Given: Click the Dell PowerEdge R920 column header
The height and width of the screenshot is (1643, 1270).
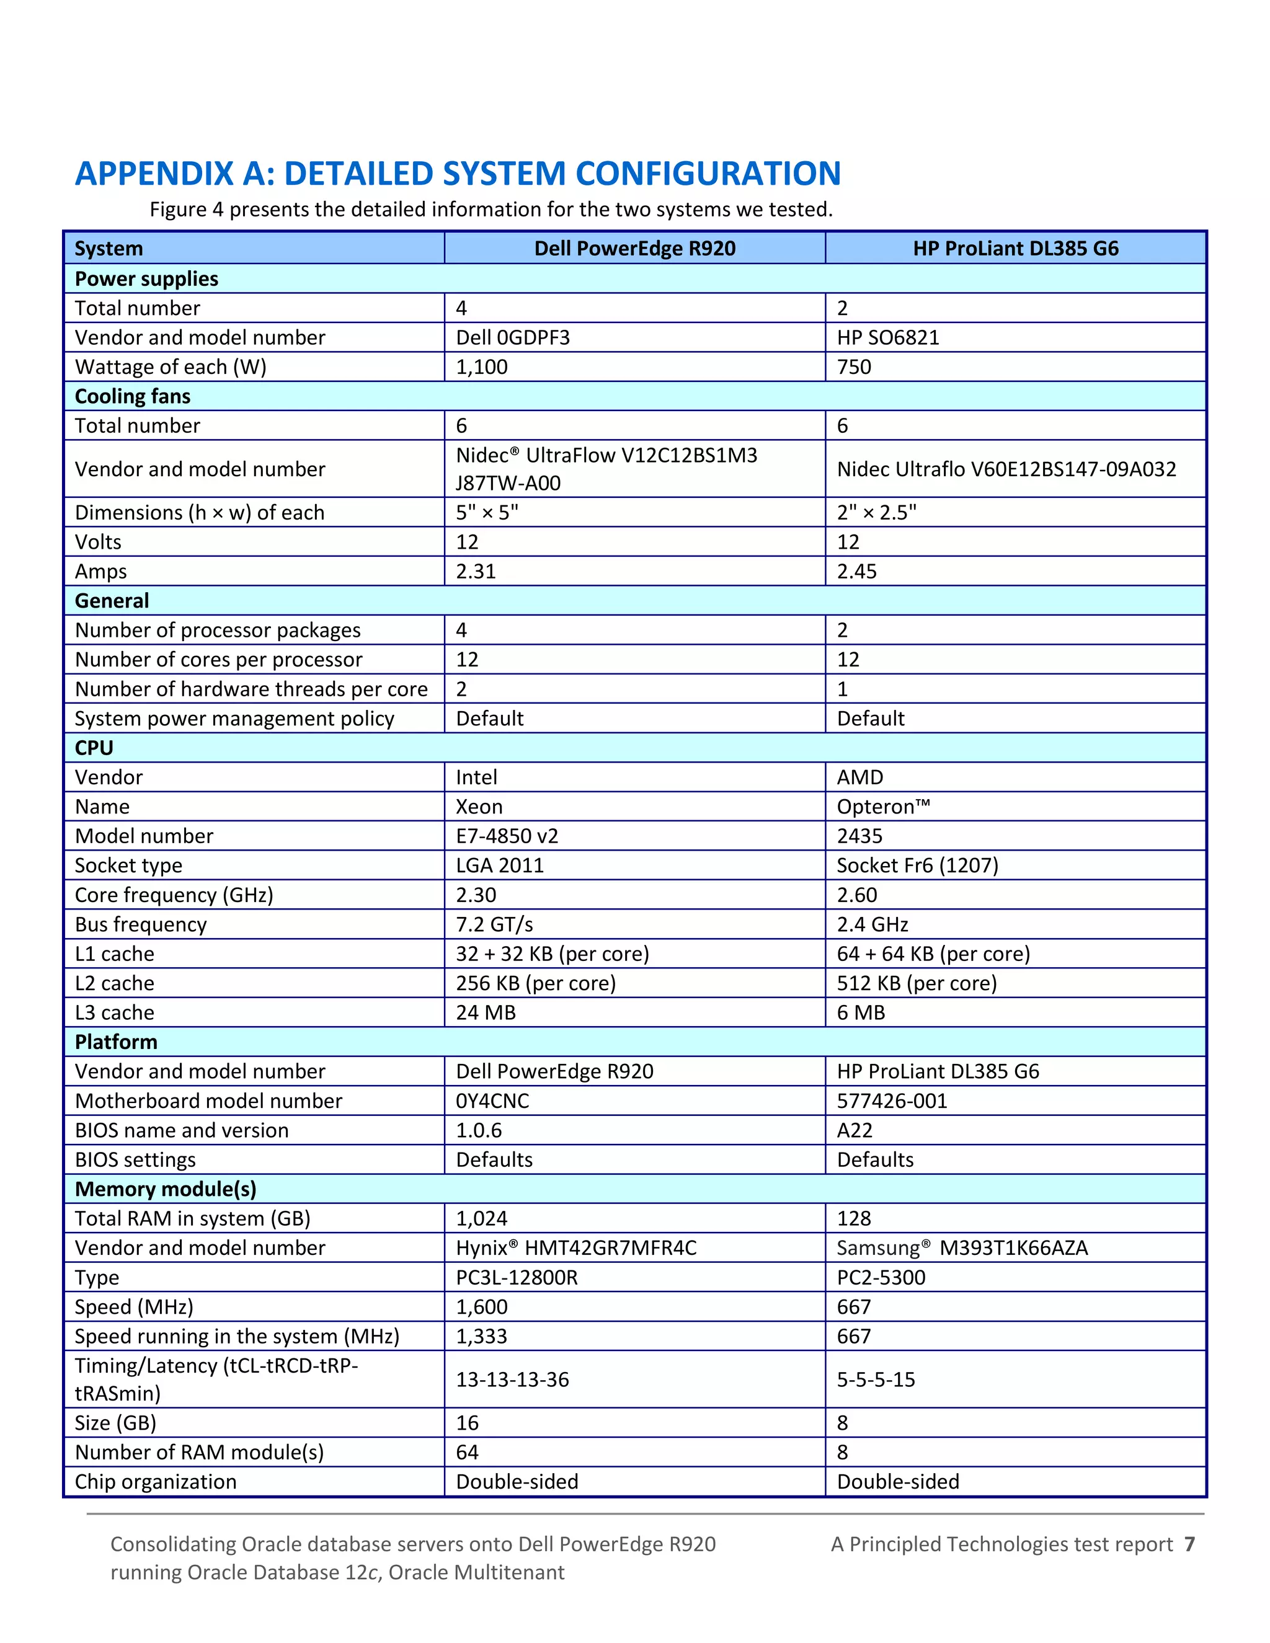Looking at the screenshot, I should pos(634,248).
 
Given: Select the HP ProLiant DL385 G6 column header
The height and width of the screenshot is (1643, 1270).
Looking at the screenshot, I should pos(1015,248).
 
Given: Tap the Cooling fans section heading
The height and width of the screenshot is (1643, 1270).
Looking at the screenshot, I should pos(133,396).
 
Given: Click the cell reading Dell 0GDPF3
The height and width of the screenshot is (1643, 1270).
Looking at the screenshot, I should pos(512,337).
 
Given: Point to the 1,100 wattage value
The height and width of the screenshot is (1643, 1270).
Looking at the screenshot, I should pos(481,367).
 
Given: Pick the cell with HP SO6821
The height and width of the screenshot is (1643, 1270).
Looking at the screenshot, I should pos(888,337).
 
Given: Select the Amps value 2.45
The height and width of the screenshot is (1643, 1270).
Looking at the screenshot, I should pos(856,572).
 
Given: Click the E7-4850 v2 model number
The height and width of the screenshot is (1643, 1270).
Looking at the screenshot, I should pos(507,836).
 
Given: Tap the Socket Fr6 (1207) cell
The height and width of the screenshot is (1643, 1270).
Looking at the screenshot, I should pos(917,865).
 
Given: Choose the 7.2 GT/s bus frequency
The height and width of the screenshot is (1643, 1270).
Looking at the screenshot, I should pos(494,924).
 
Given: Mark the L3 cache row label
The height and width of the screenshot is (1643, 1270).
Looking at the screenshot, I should pos(114,1012).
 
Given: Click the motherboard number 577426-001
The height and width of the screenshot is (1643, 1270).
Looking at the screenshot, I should pos(892,1100).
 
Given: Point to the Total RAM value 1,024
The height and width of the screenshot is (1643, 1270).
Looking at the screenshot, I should pos(481,1219).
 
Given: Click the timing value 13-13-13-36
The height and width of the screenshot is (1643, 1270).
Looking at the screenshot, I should pos(512,1379).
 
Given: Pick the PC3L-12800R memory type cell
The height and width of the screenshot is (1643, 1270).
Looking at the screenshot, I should pos(516,1277).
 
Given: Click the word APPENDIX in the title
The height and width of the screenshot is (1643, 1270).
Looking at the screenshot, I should pos(154,174).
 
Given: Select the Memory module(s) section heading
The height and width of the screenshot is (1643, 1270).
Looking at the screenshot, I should pos(166,1189).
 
